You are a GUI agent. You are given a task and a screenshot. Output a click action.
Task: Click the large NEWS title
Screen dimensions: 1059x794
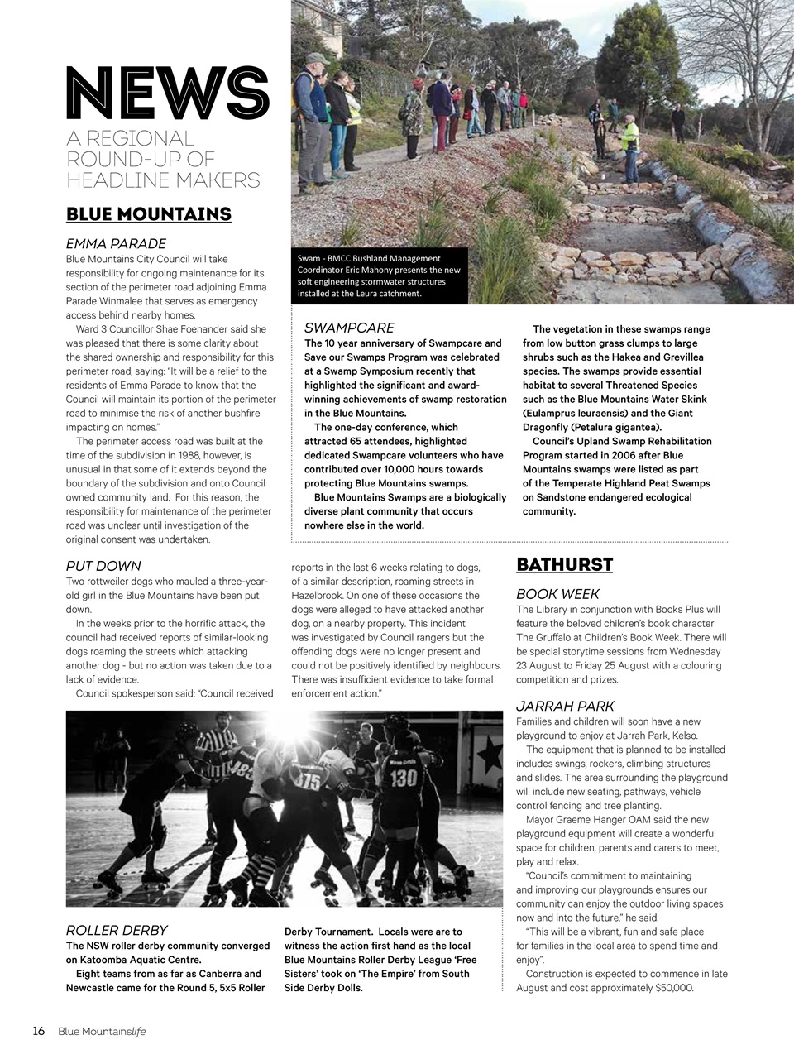coord(168,93)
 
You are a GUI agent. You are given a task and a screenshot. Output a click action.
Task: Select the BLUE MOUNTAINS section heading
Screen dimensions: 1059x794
coord(148,214)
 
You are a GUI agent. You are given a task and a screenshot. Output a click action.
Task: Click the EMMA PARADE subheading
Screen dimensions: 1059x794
coord(116,243)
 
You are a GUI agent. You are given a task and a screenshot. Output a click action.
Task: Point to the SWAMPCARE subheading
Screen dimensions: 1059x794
coord(349,328)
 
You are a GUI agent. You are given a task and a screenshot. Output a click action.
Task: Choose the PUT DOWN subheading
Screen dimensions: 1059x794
coord(103,566)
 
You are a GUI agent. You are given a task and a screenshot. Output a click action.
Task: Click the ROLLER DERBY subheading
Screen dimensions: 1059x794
coord(116,930)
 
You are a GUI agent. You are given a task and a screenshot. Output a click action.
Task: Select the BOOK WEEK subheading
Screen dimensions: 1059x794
coord(557,594)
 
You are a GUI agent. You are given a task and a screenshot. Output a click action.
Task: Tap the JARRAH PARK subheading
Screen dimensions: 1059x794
coord(565,706)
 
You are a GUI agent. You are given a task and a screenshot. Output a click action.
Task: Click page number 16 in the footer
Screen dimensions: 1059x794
coord(39,1031)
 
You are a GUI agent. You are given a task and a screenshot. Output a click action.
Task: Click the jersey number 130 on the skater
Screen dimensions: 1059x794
coord(403,778)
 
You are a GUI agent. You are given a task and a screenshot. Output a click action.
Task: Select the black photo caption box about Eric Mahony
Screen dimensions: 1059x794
coord(380,276)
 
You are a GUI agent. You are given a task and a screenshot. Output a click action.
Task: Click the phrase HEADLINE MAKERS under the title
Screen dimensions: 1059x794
coord(163,180)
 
